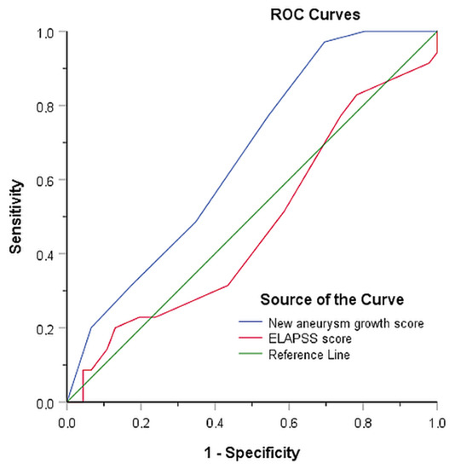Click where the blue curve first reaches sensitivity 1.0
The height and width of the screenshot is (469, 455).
pos(364,32)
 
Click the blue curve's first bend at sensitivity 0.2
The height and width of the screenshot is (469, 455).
pos(91,327)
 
